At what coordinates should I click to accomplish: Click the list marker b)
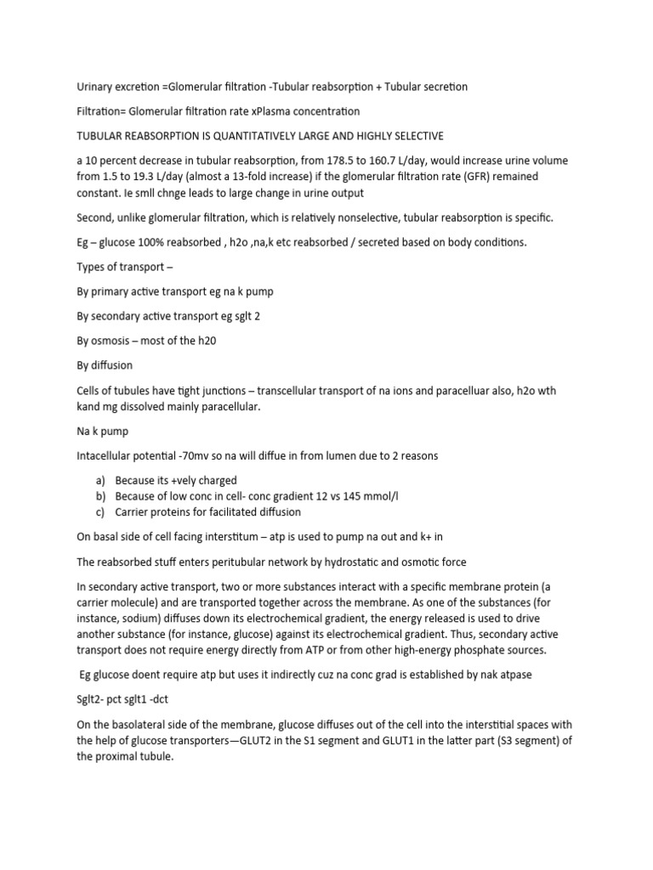point(100,496)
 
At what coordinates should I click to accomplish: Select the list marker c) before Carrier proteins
point(100,512)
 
